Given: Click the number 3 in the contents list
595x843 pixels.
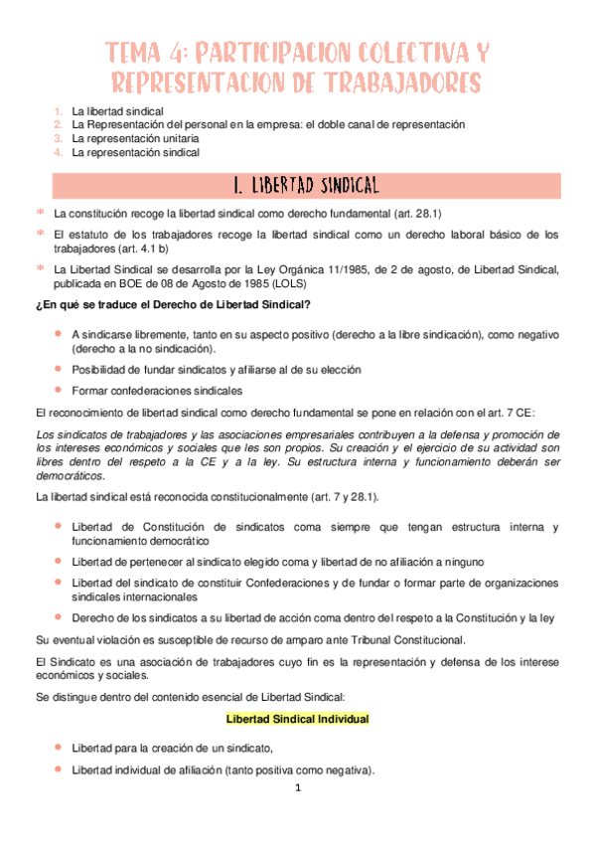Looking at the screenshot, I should [59, 139].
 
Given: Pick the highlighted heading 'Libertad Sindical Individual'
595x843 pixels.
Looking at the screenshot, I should [298, 719].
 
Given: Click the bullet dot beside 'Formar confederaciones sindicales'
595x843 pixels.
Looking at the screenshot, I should [60, 389].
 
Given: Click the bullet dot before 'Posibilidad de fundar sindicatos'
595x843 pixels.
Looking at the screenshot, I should [60, 369].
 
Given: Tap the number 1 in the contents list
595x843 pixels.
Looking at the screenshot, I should [59, 111].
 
